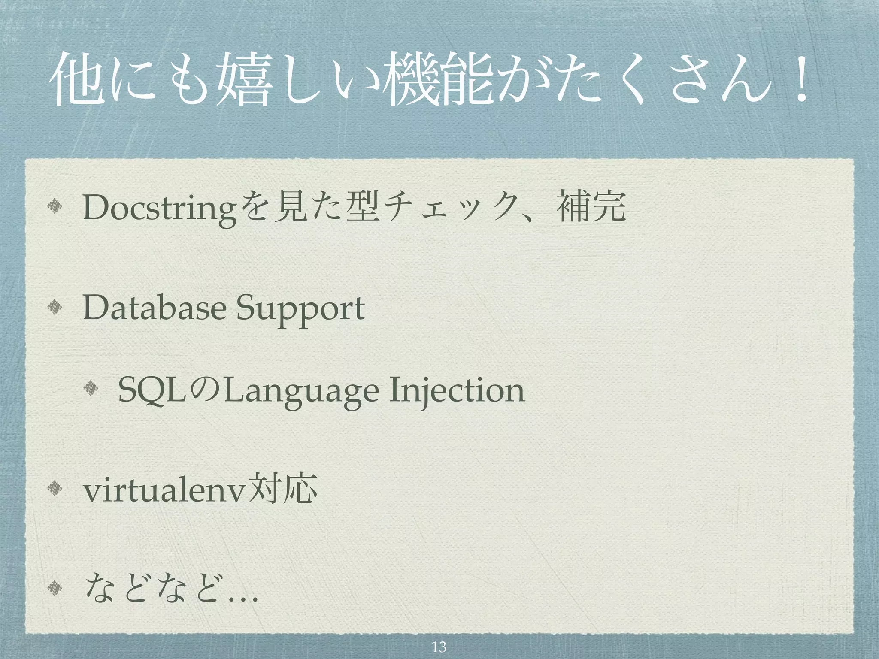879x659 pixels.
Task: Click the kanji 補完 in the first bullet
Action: [x=590, y=206]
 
